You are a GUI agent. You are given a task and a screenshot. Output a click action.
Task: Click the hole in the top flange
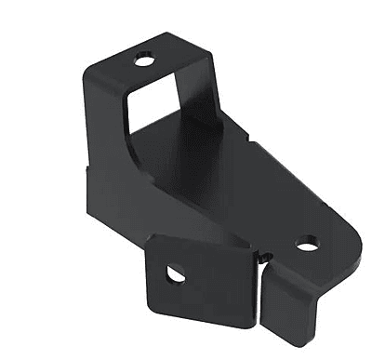click(x=144, y=61)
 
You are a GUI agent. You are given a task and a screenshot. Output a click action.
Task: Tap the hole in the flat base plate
click(x=306, y=245)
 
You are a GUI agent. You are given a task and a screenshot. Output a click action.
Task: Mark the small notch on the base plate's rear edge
click(x=251, y=141)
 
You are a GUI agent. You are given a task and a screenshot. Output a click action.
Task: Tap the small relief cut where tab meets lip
click(x=264, y=257)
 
